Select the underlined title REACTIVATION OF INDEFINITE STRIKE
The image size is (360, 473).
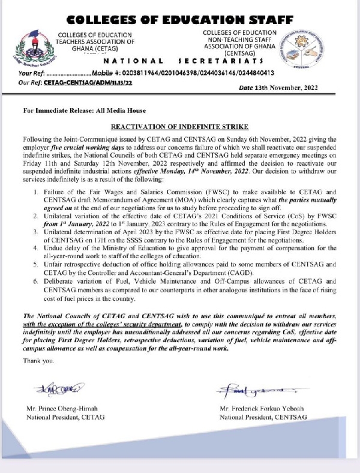(x=179, y=128)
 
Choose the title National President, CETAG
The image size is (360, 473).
(x=65, y=417)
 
